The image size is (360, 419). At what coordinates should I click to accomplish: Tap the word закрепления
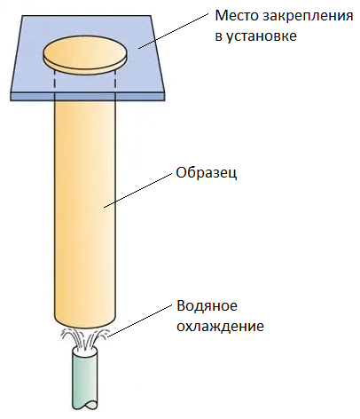click(x=308, y=17)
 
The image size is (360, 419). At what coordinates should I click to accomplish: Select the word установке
click(x=262, y=36)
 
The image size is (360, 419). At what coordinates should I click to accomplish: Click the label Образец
click(x=207, y=173)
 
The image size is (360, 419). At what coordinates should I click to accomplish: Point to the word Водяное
click(x=207, y=306)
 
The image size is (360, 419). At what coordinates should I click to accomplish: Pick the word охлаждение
click(x=220, y=327)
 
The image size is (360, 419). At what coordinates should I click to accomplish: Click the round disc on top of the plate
click(x=85, y=56)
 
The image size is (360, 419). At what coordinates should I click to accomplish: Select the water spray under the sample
click(x=85, y=338)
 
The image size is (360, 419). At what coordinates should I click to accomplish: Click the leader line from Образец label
click(x=137, y=190)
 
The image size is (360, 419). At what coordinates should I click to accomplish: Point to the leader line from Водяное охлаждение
click(x=139, y=320)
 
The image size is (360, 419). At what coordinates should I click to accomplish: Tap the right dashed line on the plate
click(x=115, y=80)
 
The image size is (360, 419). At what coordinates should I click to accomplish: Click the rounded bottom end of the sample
click(x=85, y=325)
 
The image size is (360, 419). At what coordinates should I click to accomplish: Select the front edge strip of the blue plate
click(x=87, y=97)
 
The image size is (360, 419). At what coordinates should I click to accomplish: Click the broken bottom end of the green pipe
click(x=85, y=406)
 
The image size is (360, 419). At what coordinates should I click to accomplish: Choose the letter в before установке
click(x=218, y=37)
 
